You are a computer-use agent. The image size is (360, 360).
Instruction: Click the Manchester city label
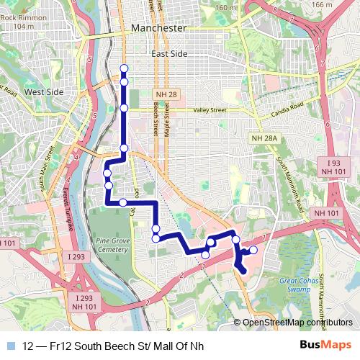(158, 28)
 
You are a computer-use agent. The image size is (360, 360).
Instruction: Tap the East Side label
(169, 54)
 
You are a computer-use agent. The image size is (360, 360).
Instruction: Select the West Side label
(44, 92)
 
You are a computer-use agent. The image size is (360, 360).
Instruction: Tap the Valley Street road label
(209, 111)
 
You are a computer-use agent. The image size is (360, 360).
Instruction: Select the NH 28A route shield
(264, 138)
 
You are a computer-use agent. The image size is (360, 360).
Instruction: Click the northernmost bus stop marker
(124, 68)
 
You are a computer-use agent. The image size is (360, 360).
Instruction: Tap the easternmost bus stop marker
(253, 250)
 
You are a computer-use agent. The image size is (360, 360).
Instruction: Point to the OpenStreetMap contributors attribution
(297, 323)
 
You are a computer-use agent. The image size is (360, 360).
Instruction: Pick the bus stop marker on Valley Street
(124, 108)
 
